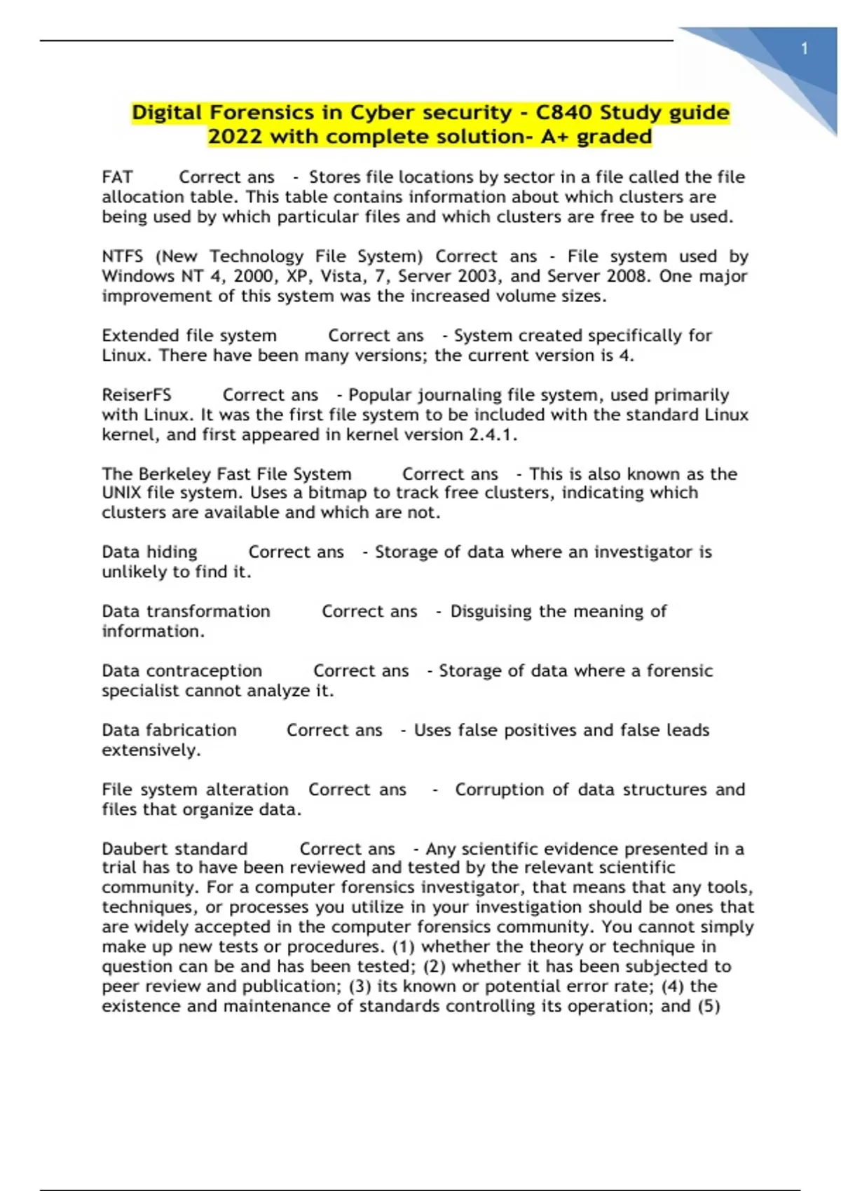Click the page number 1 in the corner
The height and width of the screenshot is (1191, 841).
805,49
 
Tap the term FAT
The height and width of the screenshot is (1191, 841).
117,177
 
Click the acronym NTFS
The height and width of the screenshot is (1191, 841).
123,256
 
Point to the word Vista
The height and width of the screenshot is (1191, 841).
343,276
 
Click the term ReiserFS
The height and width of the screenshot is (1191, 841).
137,395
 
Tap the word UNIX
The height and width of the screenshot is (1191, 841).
121,493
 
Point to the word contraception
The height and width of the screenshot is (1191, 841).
204,671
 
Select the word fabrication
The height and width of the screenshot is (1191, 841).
191,731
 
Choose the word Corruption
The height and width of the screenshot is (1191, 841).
500,790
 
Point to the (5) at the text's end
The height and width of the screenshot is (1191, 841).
709,1006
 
